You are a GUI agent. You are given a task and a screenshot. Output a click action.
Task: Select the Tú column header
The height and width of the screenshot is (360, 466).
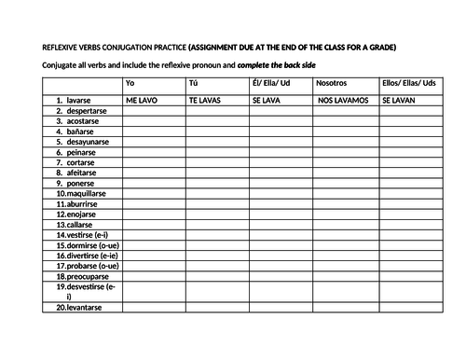pos(193,82)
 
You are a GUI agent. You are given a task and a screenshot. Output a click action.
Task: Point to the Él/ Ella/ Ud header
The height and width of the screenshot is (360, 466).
pos(270,82)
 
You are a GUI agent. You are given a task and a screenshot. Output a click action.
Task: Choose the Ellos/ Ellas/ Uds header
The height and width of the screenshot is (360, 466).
pos(411,82)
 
